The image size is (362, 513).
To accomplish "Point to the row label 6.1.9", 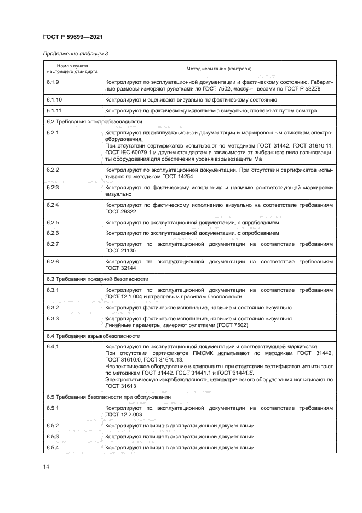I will pos(53,82).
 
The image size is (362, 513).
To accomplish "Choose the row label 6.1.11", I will pos(54,110).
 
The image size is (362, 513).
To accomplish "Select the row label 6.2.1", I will pos(53,133).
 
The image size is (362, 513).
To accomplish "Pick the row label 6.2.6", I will pos(53,232).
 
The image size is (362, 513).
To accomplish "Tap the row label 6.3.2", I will pos(53,308).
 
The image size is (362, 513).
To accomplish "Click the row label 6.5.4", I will pos(53,448).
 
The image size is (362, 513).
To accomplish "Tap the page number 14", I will pos(46,467).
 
